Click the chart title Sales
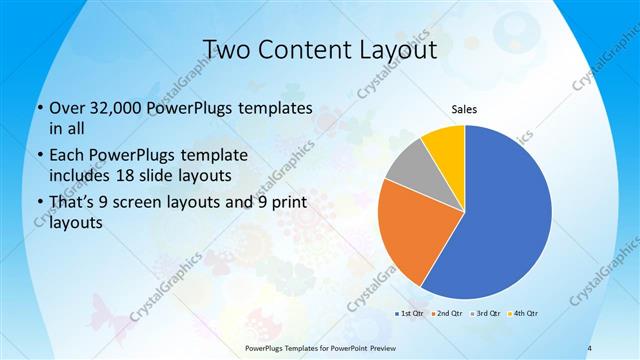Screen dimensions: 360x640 pyautogui.click(x=464, y=109)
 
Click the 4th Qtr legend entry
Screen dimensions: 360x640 pyautogui.click(x=524, y=314)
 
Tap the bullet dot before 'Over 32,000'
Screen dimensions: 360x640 pyautogui.click(x=38, y=108)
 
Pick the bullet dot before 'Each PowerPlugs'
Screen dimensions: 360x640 pyautogui.click(x=38, y=156)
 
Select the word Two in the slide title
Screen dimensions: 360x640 pyautogui.click(x=226, y=49)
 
